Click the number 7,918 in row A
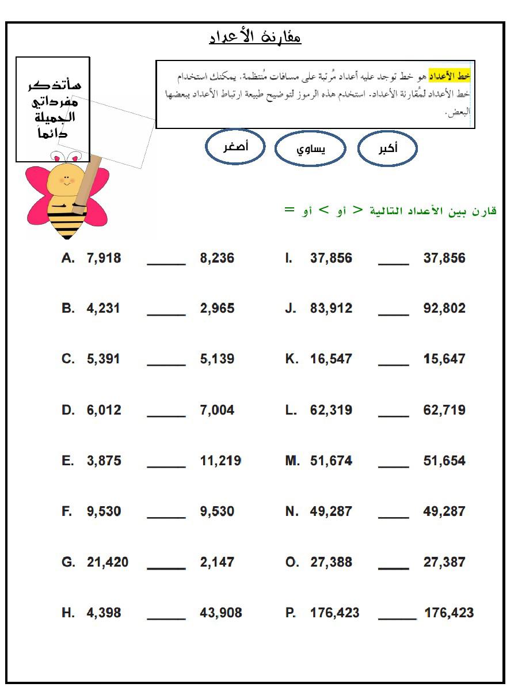pyautogui.click(x=104, y=258)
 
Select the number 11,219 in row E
pyautogui.click(x=220, y=461)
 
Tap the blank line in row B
pyautogui.click(x=166, y=314)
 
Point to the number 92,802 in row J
pyautogui.click(x=444, y=308)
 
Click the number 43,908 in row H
pyautogui.click(x=220, y=613)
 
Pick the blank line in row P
pyautogui.click(x=397, y=618)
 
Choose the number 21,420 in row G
pyautogui.click(x=108, y=562)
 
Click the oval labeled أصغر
pyautogui.click(x=235, y=146)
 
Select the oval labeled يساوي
pyautogui.click(x=310, y=149)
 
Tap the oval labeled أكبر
pyautogui.click(x=387, y=149)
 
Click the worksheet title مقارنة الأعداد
pyautogui.click(x=255, y=37)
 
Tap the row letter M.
pyautogui.click(x=292, y=461)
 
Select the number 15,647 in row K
pyautogui.click(x=444, y=359)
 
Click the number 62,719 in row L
pyautogui.click(x=444, y=410)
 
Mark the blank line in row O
pyautogui.click(x=394, y=568)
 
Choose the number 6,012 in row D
pyautogui.click(x=104, y=410)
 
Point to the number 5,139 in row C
pyautogui.click(x=217, y=359)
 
